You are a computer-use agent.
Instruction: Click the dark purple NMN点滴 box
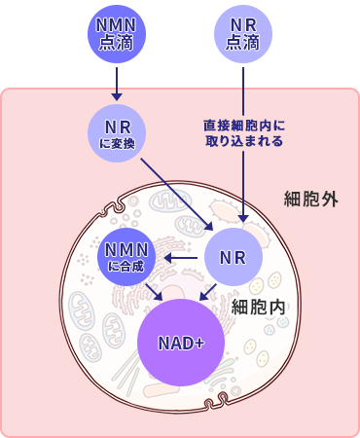(116, 34)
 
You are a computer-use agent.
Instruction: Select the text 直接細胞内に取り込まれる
(243, 133)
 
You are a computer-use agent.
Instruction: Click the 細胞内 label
(259, 306)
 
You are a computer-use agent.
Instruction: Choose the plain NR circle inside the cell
(232, 258)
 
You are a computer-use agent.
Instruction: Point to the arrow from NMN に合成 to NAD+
(152, 291)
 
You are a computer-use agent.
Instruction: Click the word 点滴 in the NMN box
(116, 44)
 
